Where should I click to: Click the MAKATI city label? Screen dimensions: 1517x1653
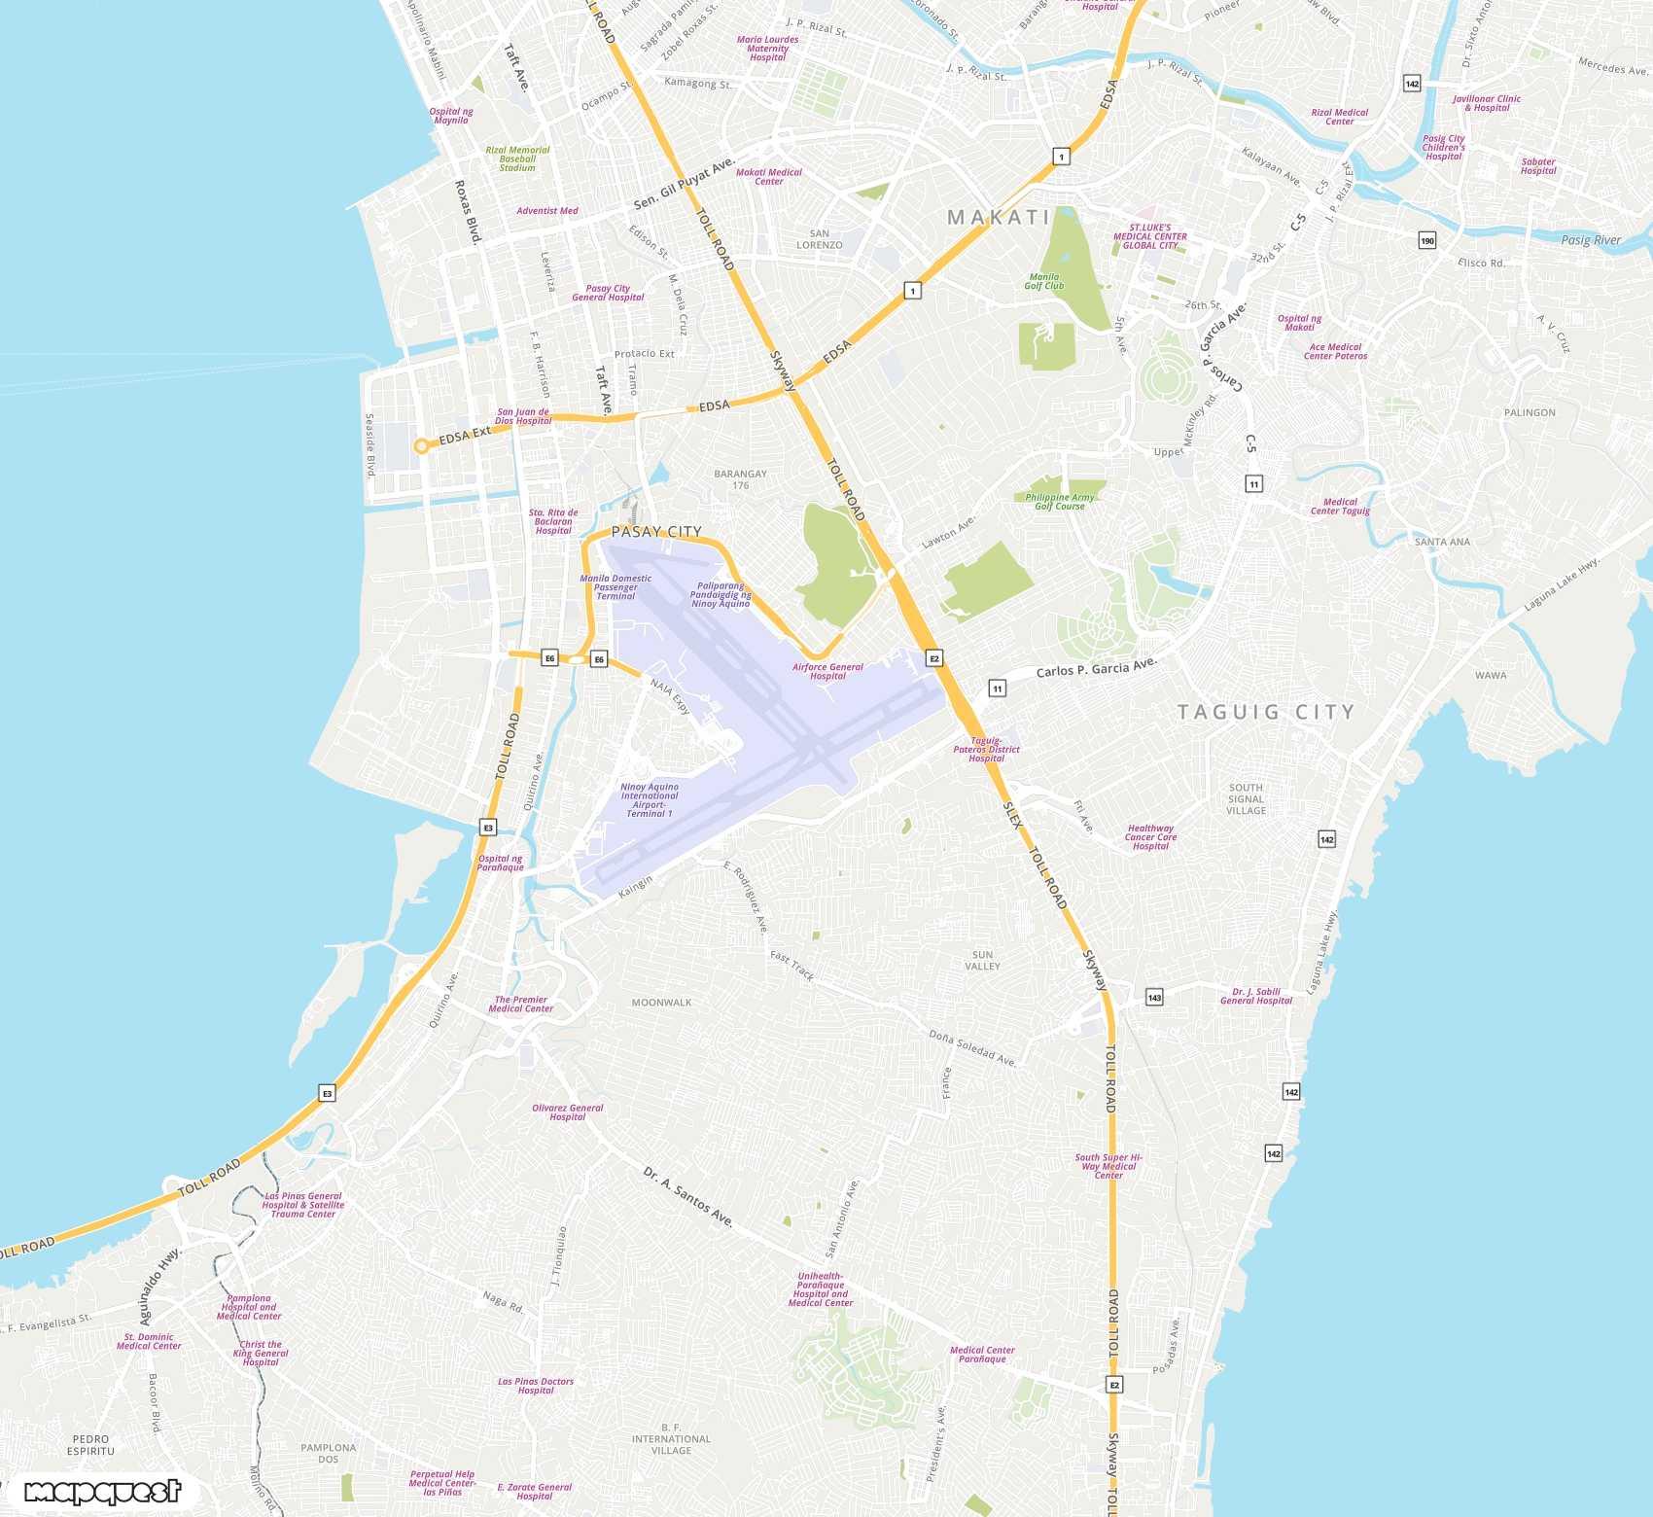999,218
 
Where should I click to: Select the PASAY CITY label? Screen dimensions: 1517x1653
656,532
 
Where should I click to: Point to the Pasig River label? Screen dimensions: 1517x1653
1591,240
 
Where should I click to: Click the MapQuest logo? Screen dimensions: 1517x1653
102,1491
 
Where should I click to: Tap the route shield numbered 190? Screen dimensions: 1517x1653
1427,240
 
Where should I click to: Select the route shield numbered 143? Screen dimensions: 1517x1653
1154,997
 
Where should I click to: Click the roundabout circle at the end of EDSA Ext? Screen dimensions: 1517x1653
421,446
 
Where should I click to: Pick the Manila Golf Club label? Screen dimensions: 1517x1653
1044,282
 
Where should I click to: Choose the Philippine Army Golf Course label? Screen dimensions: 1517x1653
1060,502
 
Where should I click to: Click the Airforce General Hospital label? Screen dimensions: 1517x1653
827,672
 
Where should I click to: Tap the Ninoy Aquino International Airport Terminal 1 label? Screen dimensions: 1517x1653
650,800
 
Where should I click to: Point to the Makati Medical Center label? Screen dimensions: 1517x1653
769,177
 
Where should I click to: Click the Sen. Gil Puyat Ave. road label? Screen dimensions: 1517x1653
685,184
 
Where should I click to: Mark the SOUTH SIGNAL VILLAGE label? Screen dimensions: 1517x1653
1246,799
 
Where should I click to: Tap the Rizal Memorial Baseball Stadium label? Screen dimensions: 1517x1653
517,159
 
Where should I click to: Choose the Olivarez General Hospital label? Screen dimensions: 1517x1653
568,1112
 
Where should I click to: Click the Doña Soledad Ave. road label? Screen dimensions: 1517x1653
972,1048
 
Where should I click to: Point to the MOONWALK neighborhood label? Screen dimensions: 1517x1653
661,1003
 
